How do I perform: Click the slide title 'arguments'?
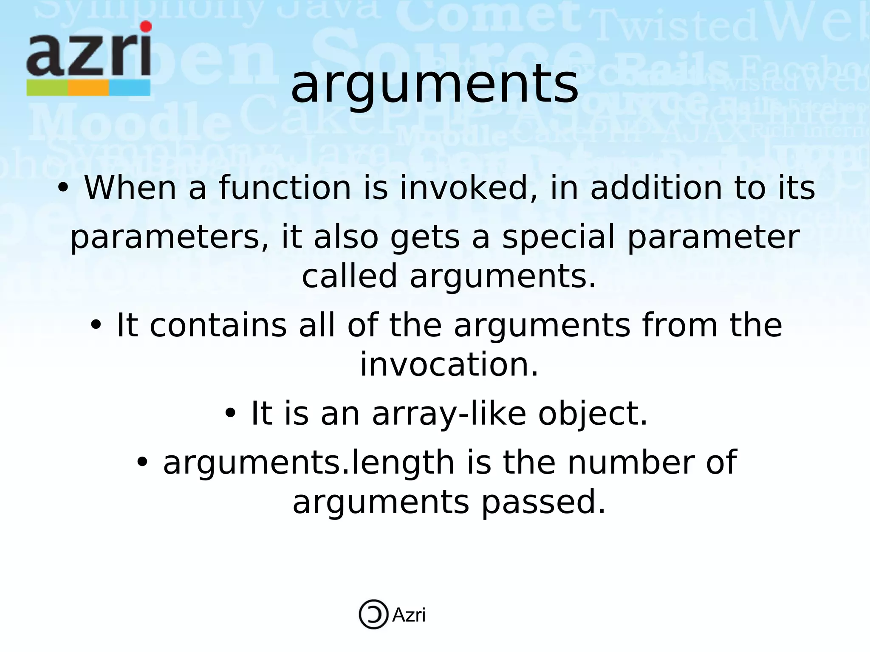pos(434,85)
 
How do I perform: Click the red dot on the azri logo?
pos(146,27)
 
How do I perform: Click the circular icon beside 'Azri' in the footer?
pos(373,614)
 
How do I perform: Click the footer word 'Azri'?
pos(409,615)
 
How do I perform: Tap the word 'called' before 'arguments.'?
pos(349,276)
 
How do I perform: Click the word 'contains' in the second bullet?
pos(218,325)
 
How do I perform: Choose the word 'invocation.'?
pos(449,365)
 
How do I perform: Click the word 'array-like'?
pos(449,414)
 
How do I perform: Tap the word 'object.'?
pos(593,413)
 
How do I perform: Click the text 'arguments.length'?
pos(309,463)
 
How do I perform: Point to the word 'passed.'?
pos(543,502)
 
